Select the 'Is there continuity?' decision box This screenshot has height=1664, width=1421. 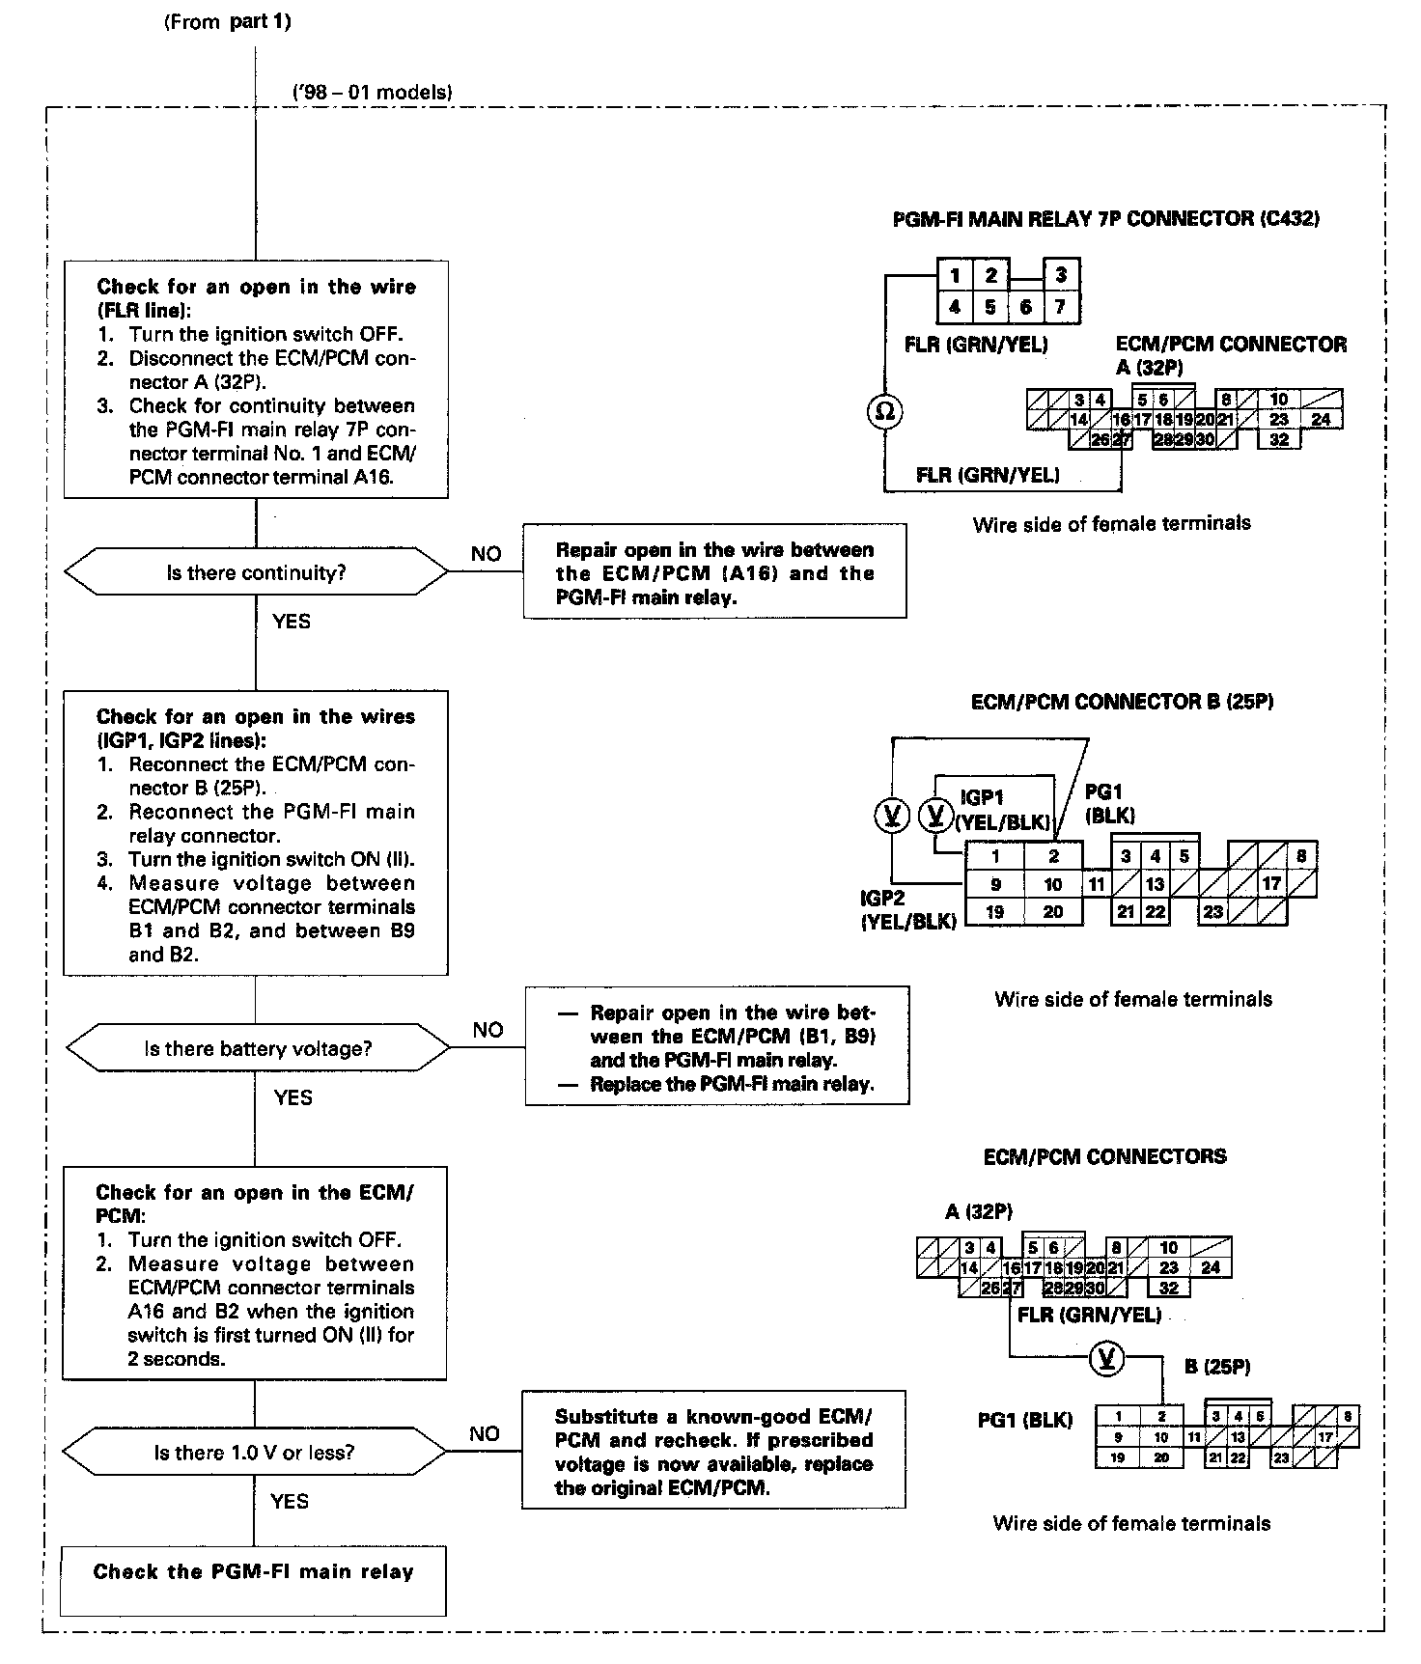[256, 572]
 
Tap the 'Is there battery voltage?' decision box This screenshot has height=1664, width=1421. [258, 1049]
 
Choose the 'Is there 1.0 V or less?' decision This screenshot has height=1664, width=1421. [254, 1453]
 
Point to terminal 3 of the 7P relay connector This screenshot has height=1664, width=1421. [1061, 275]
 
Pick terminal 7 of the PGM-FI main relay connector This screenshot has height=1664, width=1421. [1061, 308]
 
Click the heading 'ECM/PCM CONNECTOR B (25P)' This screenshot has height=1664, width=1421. [1122, 702]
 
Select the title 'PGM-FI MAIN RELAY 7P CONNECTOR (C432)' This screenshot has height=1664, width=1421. [1106, 218]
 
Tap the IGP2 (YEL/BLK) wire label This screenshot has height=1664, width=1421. [907, 910]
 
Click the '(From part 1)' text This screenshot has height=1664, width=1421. [227, 22]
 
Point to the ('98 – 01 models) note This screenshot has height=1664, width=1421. [372, 93]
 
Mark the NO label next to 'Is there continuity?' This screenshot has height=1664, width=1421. [486, 554]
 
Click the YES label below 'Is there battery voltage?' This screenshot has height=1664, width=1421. [293, 1097]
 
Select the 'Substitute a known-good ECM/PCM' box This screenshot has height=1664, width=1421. [713, 1452]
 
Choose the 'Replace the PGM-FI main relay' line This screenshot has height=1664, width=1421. [732, 1084]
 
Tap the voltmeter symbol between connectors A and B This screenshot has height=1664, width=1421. [1107, 1359]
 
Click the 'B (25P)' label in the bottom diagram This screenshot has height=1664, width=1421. [1217, 1367]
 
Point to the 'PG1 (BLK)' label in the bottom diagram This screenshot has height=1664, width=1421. [1024, 1420]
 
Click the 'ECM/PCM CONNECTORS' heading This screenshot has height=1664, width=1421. [1104, 1156]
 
